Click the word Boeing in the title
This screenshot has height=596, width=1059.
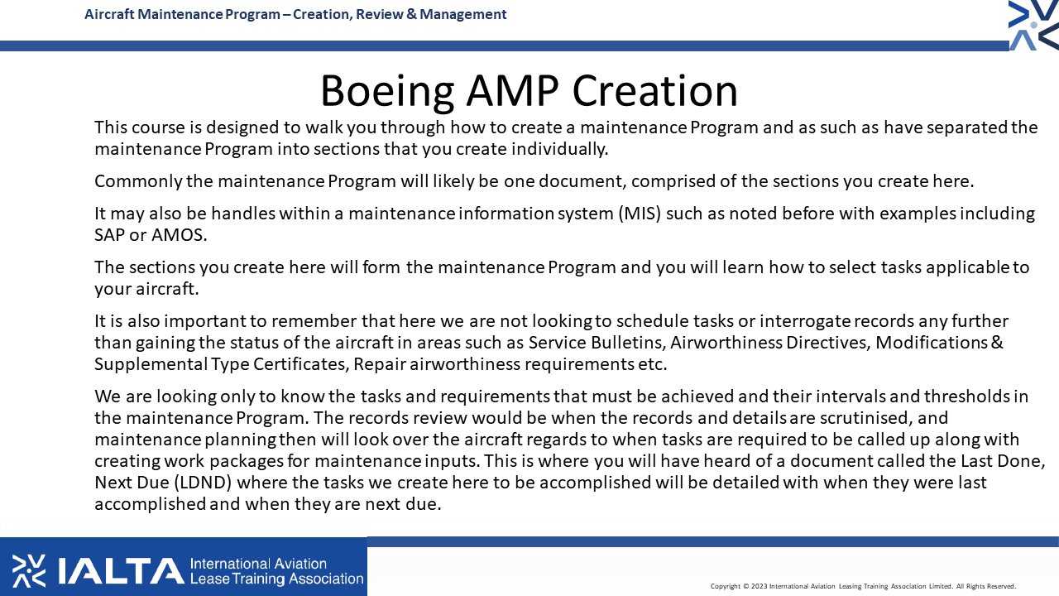[387, 92]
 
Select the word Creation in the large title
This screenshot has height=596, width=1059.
[654, 90]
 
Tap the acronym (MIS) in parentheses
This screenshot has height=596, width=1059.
[640, 214]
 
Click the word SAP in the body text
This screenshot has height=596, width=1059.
[109, 234]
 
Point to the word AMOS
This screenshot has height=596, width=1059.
[179, 234]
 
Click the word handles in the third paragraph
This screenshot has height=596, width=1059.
[243, 214]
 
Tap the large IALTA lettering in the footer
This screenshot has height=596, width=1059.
[121, 571]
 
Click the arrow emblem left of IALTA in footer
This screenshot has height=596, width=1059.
[29, 571]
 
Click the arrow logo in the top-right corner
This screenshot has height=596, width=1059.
[1033, 25]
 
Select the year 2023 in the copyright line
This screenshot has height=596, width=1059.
[760, 586]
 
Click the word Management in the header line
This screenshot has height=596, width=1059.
[462, 14]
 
